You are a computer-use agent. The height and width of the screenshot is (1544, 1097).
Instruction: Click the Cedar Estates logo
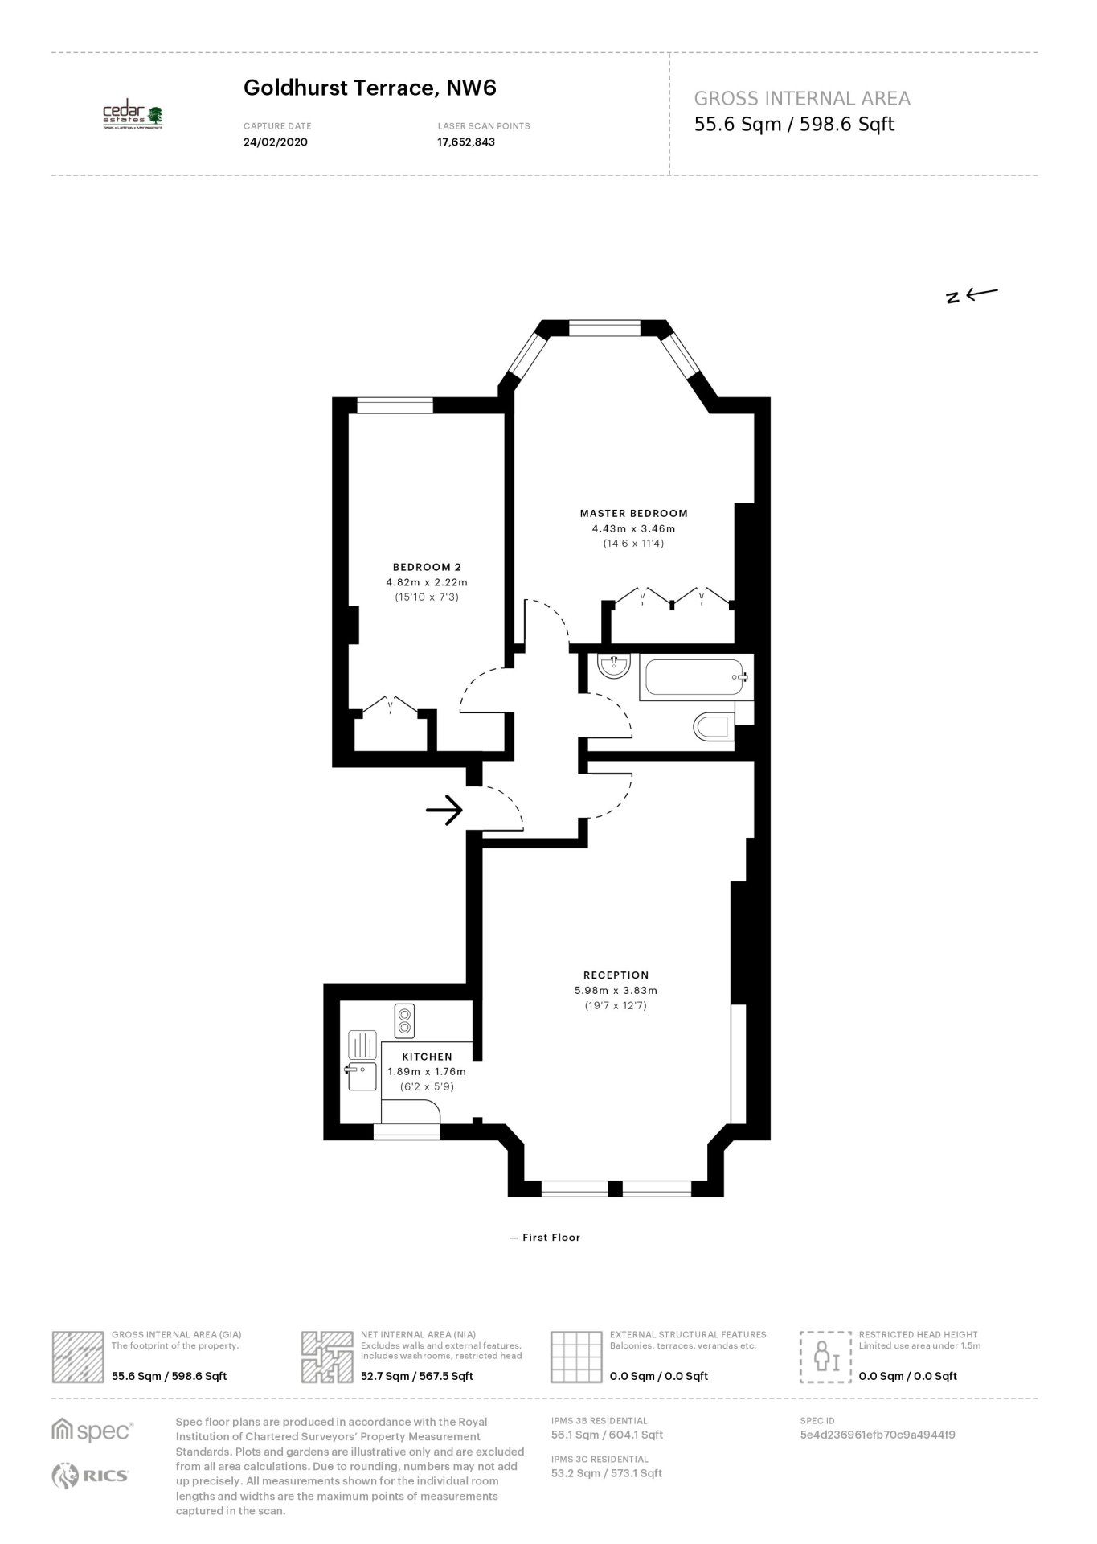[133, 117]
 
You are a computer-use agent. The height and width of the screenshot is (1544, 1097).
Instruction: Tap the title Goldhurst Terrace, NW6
[370, 88]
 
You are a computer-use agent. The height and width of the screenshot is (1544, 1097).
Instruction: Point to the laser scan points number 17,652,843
[466, 142]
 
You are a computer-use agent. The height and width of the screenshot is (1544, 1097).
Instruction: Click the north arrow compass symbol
[972, 295]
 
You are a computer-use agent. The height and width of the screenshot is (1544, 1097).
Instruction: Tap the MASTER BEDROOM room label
[634, 513]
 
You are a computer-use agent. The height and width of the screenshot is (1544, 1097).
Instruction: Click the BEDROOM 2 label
[427, 567]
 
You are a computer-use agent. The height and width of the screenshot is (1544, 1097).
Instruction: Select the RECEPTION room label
[616, 975]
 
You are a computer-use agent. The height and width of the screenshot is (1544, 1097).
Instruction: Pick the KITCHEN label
[427, 1057]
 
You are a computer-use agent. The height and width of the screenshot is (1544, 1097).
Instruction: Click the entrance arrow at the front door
[444, 810]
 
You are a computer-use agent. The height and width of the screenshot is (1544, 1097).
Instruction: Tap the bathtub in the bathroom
[696, 678]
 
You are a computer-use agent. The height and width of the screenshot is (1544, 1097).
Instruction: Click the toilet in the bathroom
[713, 727]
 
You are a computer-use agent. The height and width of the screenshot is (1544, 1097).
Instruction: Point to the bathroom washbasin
[616, 666]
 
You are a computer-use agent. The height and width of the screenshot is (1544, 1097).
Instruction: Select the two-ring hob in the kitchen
[403, 1020]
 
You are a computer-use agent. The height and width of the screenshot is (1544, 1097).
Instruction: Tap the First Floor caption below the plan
[545, 1238]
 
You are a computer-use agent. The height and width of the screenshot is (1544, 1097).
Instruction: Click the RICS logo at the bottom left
[90, 1475]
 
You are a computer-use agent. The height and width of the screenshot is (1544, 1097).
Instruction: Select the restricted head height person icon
[825, 1357]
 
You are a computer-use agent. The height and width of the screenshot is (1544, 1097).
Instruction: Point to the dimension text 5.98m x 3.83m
[616, 991]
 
